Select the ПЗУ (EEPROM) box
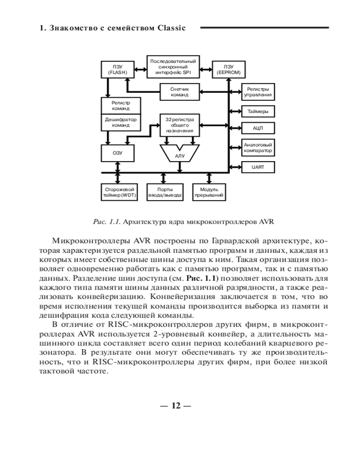(229, 69)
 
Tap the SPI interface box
(173, 67)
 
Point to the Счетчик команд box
(180, 92)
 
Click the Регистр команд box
(120, 106)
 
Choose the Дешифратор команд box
(120, 122)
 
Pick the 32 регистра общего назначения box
(180, 126)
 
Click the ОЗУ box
(117, 153)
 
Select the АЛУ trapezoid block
(180, 155)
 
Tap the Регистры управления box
(258, 92)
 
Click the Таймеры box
(258, 111)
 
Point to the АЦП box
(258, 128)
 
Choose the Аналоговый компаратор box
(258, 148)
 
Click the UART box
(258, 167)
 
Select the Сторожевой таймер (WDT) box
(118, 192)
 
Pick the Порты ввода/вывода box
(165, 192)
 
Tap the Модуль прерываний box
(209, 192)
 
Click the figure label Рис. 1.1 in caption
(106, 221)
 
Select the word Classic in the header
(171, 28)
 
